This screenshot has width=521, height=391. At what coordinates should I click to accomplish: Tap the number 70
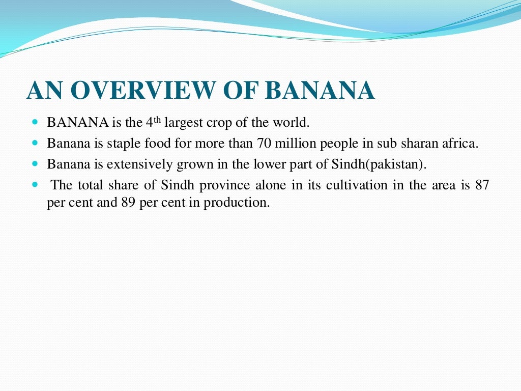[x=265, y=144]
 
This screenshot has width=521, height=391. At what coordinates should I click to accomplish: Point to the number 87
[x=481, y=185]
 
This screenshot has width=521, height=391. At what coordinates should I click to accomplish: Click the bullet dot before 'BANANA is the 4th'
[x=35, y=123]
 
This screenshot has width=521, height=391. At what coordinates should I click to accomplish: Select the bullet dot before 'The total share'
[x=35, y=185]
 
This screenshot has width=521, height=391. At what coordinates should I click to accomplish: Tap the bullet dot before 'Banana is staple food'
[x=35, y=144]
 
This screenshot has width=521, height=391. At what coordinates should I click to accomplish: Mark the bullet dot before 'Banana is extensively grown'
[x=35, y=164]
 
